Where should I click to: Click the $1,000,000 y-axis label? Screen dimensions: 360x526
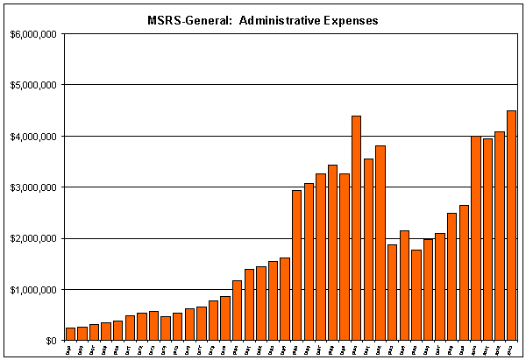point(33,290)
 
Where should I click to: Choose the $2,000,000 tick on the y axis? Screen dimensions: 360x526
point(33,238)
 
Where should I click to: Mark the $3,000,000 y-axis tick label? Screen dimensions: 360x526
point(33,187)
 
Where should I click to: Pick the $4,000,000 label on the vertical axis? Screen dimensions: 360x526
point(33,137)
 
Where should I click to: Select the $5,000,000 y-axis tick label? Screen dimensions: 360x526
point(33,85)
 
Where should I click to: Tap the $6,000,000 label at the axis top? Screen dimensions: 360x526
point(33,34)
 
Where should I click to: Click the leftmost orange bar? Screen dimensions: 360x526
point(70,334)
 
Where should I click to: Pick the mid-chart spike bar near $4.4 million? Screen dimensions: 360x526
point(356,228)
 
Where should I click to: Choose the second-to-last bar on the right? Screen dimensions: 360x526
point(500,236)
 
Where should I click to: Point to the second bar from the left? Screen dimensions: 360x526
point(82,334)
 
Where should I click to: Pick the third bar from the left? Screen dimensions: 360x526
point(94,333)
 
